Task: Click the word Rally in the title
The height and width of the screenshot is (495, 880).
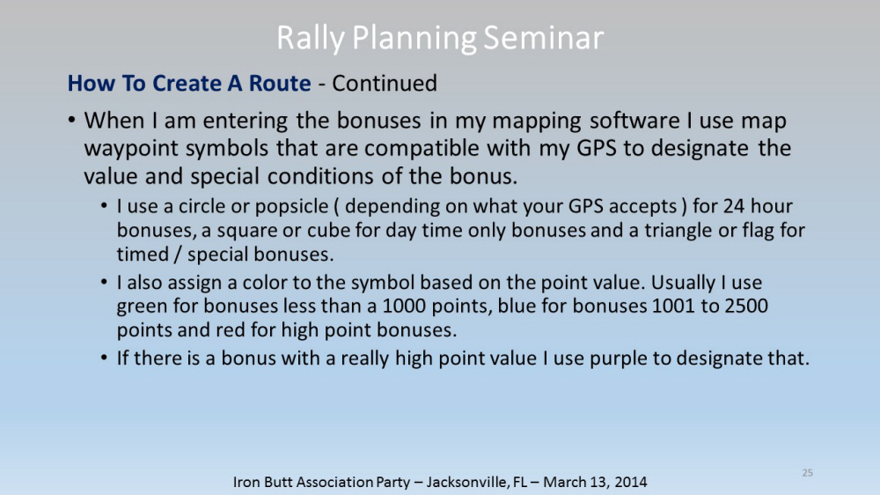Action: point(311,39)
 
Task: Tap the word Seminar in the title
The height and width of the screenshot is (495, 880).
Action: point(543,38)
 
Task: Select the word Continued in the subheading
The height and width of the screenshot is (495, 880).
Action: point(385,83)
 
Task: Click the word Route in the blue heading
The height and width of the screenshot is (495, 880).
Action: point(280,83)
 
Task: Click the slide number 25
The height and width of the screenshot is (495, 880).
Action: point(807,472)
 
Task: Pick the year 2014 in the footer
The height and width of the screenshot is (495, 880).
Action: point(630,482)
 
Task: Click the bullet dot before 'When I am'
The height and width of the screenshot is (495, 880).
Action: point(71,120)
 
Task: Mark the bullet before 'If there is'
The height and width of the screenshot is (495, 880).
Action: point(105,358)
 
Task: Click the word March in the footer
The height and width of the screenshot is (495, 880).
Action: point(563,482)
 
